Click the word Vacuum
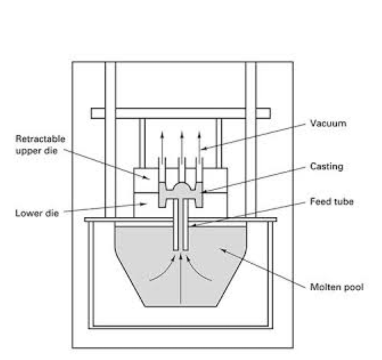[328, 123]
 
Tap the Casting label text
[326, 166]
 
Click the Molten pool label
[336, 287]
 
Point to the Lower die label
[37, 213]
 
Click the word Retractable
[40, 139]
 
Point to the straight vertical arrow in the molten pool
[181, 281]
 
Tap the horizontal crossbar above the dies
[180, 113]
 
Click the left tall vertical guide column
[110, 161]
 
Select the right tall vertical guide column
[251, 161]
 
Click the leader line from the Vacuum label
[257, 136]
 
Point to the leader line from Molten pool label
[265, 269]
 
